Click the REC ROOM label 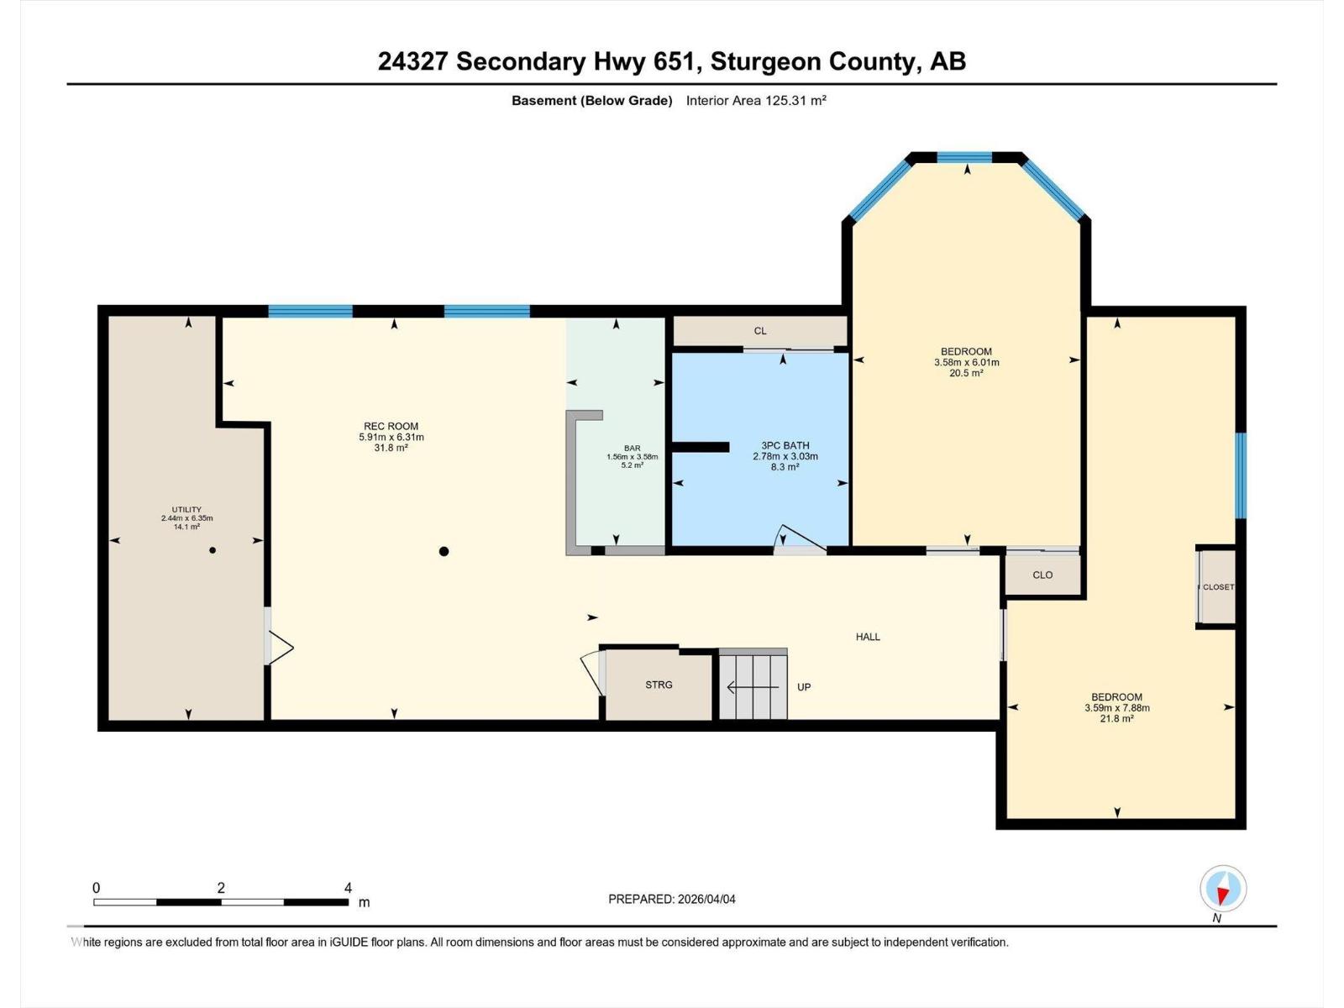click(391, 427)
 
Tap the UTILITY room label click(186, 509)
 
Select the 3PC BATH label click(785, 445)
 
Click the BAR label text click(632, 448)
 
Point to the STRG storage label click(659, 685)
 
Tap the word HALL click(868, 637)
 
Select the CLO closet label click(1042, 575)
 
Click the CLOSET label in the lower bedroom click(1218, 587)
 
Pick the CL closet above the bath click(759, 331)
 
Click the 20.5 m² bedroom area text click(966, 373)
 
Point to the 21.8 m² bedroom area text click(1116, 719)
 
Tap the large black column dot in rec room click(444, 552)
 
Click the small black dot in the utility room click(213, 550)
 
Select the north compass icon click(1223, 889)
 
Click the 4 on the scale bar click(348, 888)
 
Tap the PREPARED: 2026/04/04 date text click(671, 899)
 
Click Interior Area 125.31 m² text click(756, 101)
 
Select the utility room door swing click(280, 648)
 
